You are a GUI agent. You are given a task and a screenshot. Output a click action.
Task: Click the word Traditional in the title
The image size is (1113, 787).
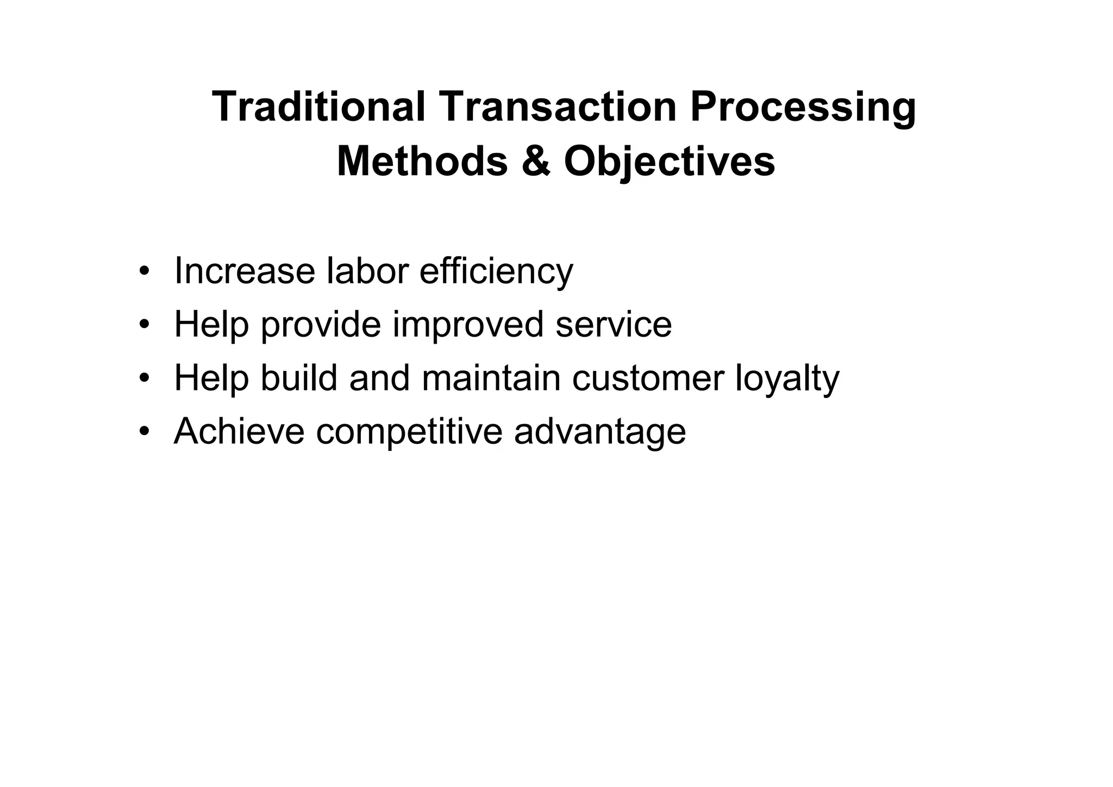click(x=318, y=107)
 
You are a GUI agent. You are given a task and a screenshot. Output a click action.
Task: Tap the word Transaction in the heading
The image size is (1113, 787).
click(x=558, y=107)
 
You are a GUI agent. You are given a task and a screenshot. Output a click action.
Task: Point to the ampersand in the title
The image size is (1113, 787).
click(x=536, y=162)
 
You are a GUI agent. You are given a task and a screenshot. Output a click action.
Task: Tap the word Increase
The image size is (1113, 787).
click(x=244, y=271)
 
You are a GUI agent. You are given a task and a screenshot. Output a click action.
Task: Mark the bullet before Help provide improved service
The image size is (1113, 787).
click(x=143, y=325)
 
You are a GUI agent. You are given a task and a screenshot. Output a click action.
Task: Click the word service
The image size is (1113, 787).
click(x=614, y=325)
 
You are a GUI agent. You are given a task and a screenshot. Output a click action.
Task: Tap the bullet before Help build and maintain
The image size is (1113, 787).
click(x=143, y=378)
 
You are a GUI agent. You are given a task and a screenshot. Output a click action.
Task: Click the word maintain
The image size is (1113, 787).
click(x=491, y=378)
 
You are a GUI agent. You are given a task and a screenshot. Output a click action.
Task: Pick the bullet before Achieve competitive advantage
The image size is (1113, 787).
click(x=143, y=432)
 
